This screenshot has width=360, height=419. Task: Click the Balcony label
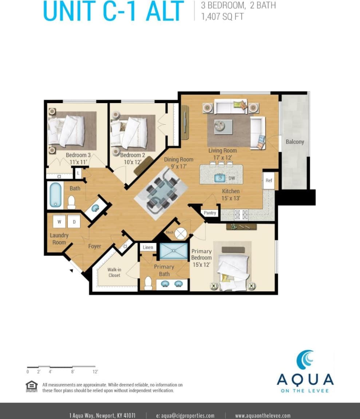pos(294,142)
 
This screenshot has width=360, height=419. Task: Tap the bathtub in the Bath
pos(55,195)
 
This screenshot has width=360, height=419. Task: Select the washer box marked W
pos(59,222)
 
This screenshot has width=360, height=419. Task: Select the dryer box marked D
pos(74,222)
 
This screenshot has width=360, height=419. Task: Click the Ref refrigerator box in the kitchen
pos(269,181)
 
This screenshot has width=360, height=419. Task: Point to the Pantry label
pos(210,213)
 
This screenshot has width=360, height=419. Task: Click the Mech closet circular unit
pos(181,234)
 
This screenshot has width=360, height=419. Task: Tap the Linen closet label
pos(148,247)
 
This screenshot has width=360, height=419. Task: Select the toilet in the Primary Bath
pos(148,283)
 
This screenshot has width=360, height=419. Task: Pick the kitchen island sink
pos(220,178)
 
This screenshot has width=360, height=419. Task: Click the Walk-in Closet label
pos(114,273)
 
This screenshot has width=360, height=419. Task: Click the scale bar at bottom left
pos(61,367)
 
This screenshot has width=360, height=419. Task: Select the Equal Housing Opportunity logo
pos(32,387)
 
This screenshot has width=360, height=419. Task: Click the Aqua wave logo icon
pos(305,360)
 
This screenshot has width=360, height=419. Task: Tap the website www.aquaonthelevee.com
pos(262,415)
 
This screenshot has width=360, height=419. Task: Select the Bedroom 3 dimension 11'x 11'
pos(76,161)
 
